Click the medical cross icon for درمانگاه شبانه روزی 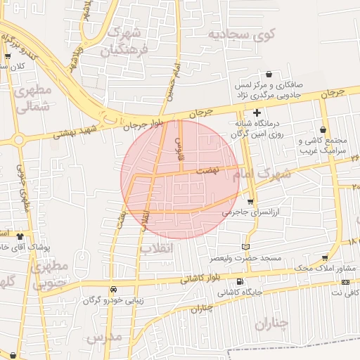(x=257, y=112)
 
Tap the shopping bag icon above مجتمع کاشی (x=323, y=130)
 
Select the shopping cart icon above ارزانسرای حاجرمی (x=250, y=202)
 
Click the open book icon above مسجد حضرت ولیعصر (x=245, y=247)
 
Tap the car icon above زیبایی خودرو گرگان (x=113, y=290)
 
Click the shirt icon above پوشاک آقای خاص (x=20, y=236)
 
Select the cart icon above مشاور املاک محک (x=324, y=258)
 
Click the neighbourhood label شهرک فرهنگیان (x=127, y=42)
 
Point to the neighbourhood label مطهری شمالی (x=32, y=98)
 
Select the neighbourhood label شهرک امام (x=264, y=174)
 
